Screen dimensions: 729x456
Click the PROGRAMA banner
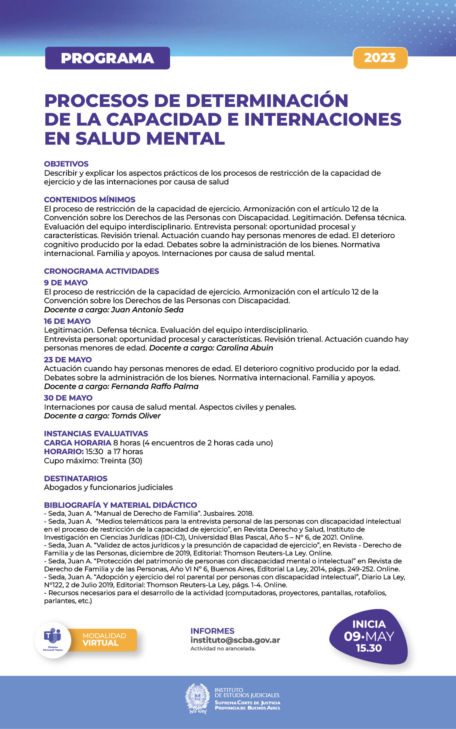click(107, 58)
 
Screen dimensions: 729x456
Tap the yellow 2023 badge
click(380, 58)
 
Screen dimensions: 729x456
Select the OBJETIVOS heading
click(66, 164)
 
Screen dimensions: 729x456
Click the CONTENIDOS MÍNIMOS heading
click(89, 199)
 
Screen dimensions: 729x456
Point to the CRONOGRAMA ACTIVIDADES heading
click(101, 271)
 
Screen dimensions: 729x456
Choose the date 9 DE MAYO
click(66, 282)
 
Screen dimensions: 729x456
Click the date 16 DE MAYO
click(67, 321)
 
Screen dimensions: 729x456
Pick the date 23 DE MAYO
click(68, 360)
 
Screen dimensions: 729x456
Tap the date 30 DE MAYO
click(68, 398)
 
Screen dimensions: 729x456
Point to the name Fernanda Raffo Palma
click(155, 387)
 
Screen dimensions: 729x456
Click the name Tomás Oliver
click(136, 416)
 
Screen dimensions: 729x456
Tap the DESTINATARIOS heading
click(76, 478)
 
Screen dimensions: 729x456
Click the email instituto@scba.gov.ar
click(235, 640)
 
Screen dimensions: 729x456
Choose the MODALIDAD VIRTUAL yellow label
click(104, 640)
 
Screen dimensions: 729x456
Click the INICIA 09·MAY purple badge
click(369, 636)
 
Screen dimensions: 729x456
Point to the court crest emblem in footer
click(197, 698)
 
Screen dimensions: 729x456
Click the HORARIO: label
click(64, 452)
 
